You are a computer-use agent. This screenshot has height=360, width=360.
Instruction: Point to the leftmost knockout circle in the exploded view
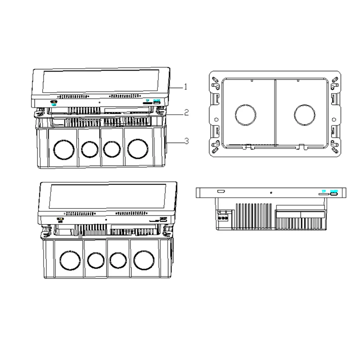63,148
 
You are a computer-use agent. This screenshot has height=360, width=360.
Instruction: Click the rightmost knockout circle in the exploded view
137,148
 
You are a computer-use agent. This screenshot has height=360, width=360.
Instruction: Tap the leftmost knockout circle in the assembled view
69,260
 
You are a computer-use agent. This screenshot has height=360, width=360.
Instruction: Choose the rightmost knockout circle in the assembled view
144,260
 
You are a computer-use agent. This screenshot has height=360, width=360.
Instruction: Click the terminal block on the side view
222,216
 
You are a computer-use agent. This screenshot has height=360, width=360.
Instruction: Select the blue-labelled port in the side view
333,193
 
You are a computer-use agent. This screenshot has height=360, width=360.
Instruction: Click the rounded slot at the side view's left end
220,192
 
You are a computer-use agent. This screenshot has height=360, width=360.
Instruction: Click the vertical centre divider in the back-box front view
274,112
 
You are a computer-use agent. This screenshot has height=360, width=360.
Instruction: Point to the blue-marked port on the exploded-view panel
157,103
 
